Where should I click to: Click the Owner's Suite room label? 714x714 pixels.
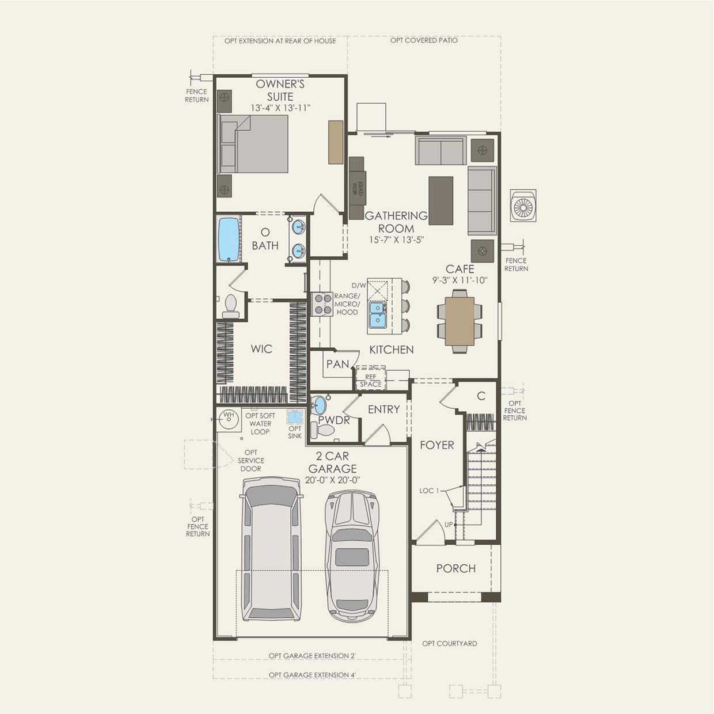click(280, 90)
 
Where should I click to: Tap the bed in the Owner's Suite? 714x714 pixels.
click(253, 144)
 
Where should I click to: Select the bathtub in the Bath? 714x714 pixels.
click(229, 239)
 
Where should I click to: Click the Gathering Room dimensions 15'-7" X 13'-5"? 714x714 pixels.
click(397, 240)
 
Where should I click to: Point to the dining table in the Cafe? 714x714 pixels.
click(459, 321)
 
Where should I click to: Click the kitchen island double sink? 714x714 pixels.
click(377, 314)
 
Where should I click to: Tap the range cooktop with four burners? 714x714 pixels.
click(322, 304)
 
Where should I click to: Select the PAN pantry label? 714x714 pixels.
click(337, 364)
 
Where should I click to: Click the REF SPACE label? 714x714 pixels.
click(371, 381)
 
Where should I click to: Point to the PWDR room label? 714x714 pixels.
click(334, 420)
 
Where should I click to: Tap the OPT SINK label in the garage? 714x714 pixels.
click(295, 432)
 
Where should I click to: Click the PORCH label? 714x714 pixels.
click(455, 568)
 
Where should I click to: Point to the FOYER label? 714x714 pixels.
click(436, 445)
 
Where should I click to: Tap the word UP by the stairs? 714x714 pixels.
click(449, 525)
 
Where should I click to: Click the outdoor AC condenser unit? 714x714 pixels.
click(523, 206)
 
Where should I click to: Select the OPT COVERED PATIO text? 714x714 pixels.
click(424, 40)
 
